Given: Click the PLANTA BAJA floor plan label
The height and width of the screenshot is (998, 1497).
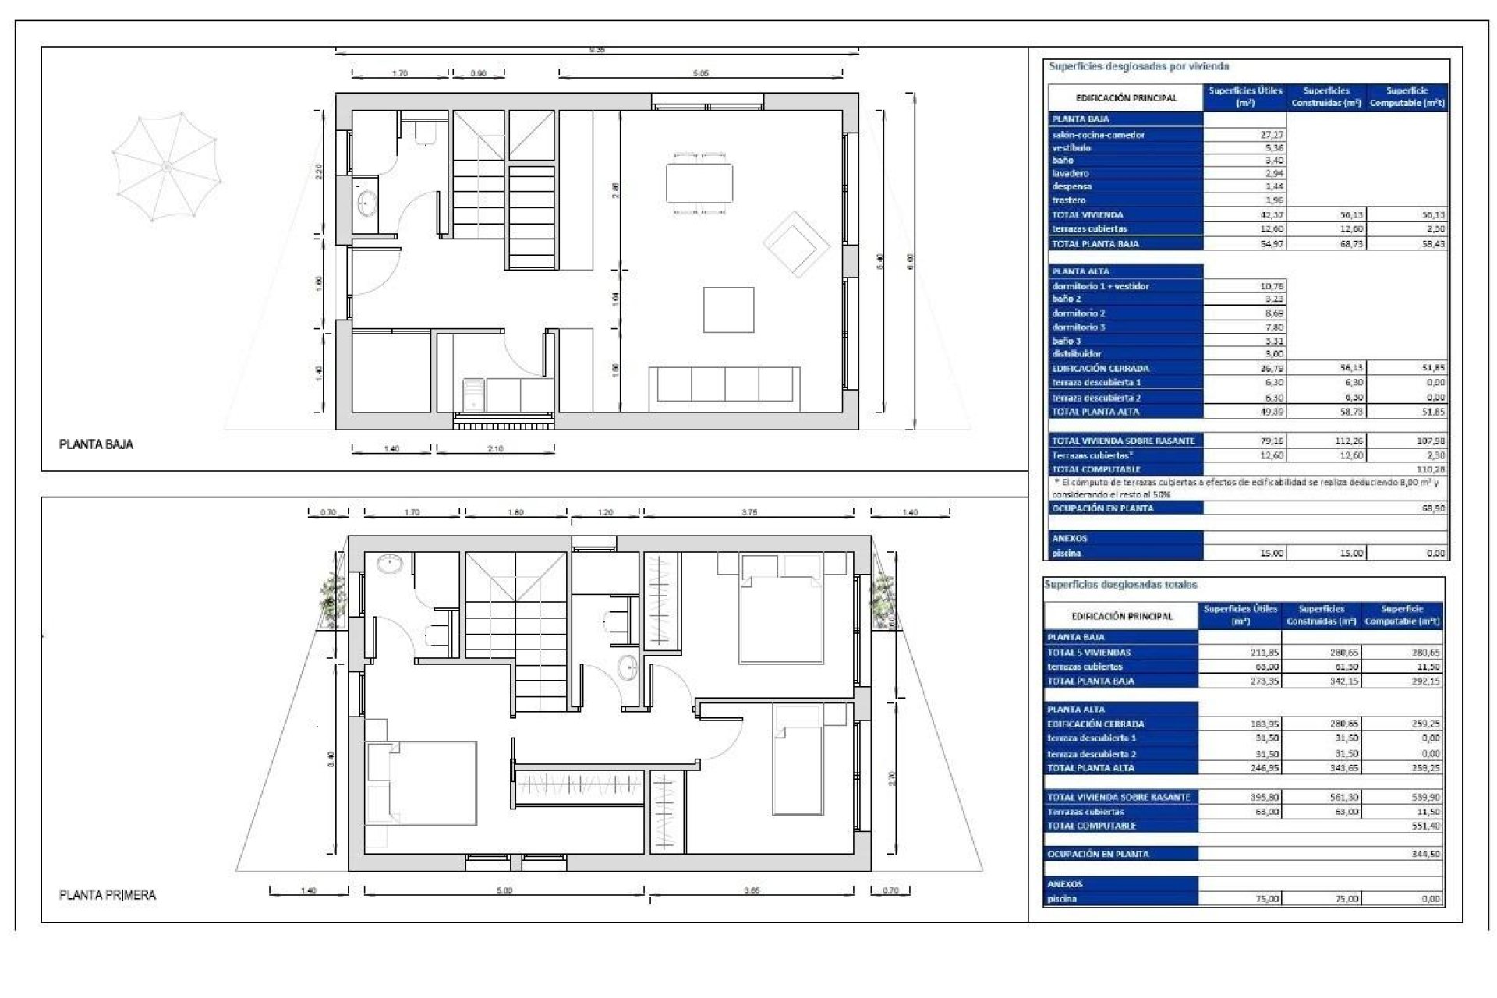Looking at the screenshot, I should (96, 444).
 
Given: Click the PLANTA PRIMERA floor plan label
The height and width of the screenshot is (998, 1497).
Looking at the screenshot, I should (108, 895).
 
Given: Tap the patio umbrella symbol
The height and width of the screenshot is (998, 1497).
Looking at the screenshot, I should (166, 166).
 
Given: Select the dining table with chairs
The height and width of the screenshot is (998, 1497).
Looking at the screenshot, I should (699, 183).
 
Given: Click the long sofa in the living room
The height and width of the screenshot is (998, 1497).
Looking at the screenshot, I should (724, 384).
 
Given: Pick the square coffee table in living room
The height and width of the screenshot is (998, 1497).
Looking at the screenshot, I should (728, 310).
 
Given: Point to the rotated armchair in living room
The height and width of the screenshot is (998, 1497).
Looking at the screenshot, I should (795, 244).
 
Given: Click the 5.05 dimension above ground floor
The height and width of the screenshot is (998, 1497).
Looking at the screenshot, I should (700, 73).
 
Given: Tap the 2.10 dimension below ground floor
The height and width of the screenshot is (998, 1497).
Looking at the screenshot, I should (495, 449).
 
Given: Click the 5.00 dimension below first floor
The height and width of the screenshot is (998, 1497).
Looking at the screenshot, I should (504, 890).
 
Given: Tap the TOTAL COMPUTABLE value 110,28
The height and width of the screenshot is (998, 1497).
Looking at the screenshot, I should (1430, 469).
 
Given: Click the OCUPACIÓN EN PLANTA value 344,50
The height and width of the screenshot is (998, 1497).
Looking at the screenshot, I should (1425, 854).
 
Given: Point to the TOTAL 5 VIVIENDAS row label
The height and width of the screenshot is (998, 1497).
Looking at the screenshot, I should (1088, 653).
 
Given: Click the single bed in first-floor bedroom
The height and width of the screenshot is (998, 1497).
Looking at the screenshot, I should (798, 760).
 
